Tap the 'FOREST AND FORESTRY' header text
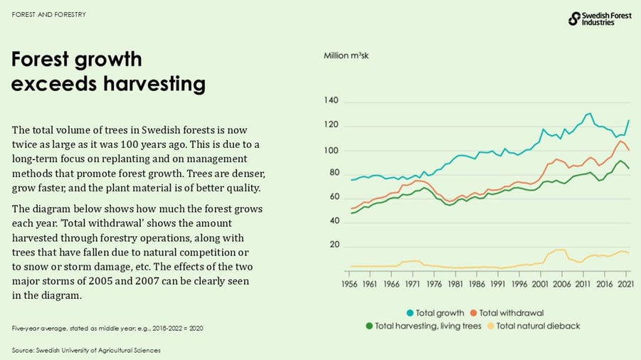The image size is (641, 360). pos(43,14)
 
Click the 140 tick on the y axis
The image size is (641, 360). pos(332,102)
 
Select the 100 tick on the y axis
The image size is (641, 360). pos(332,150)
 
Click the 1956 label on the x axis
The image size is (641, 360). pos(349,283)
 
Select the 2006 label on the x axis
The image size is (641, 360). pos(561,283)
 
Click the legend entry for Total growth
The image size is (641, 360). pos(435,313)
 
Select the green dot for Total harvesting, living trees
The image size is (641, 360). pos(369,326)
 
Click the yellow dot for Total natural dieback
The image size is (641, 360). pos(489,326)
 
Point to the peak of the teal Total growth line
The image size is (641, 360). pos(588,113)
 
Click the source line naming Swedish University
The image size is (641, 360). pos(86,350)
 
